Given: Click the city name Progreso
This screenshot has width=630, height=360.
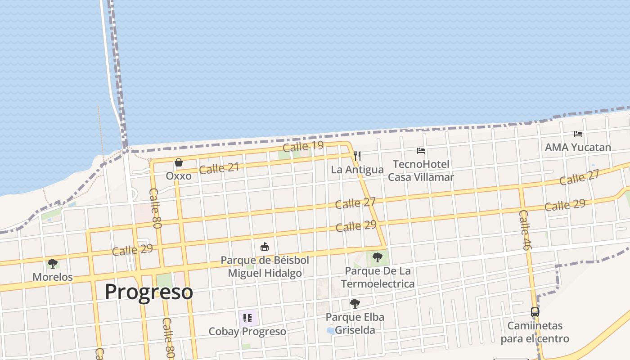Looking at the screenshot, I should [x=149, y=292].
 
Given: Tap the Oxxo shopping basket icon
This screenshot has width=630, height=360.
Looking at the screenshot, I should [x=179, y=162].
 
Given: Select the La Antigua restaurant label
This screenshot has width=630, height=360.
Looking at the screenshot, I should [x=357, y=170].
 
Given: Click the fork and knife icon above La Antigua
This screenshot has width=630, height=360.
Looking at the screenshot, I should [x=357, y=156].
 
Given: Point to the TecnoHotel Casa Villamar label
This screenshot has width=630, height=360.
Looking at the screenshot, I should [x=421, y=171].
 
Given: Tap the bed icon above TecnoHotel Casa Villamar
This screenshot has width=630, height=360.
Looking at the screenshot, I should [x=421, y=151].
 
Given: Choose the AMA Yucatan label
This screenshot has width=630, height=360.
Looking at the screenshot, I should [x=578, y=147].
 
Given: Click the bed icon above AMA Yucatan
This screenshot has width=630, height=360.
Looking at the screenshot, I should [x=578, y=134].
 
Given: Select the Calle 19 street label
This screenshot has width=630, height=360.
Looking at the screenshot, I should [x=303, y=146].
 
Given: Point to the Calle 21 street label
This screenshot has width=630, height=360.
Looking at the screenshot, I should [x=219, y=168].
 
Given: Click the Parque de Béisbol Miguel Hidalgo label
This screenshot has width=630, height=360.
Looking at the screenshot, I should [x=265, y=266].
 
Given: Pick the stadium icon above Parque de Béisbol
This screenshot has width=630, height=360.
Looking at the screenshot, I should [x=265, y=247].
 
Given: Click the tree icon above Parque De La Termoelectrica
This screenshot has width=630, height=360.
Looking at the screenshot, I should [x=377, y=257].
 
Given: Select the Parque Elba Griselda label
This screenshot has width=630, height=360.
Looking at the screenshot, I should [x=355, y=323].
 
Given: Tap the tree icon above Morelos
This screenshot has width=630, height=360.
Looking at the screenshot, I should [x=53, y=264].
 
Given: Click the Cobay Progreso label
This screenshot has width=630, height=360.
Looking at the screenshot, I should [x=247, y=332].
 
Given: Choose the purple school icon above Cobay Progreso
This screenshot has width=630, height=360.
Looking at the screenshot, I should [x=247, y=318].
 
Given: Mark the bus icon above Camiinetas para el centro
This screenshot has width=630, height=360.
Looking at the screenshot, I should [x=535, y=312].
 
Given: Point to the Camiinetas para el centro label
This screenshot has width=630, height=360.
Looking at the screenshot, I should [x=535, y=332].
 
